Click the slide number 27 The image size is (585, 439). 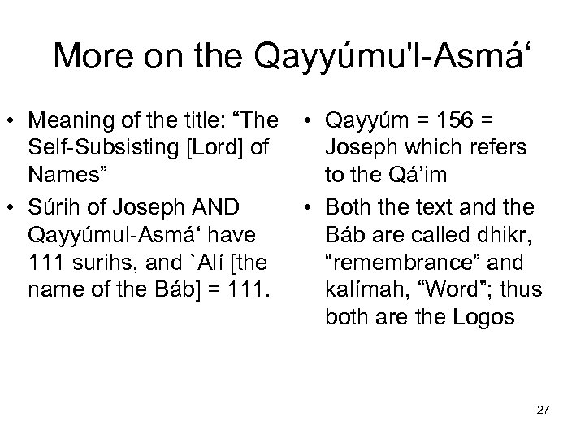point(544,409)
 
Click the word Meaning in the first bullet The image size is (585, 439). point(65,120)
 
